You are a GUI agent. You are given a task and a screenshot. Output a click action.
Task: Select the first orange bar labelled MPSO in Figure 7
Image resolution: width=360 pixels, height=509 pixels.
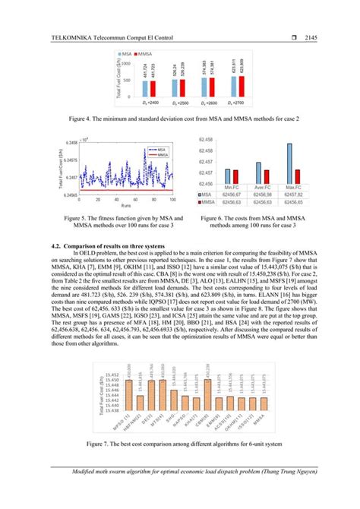pos(131,399)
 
